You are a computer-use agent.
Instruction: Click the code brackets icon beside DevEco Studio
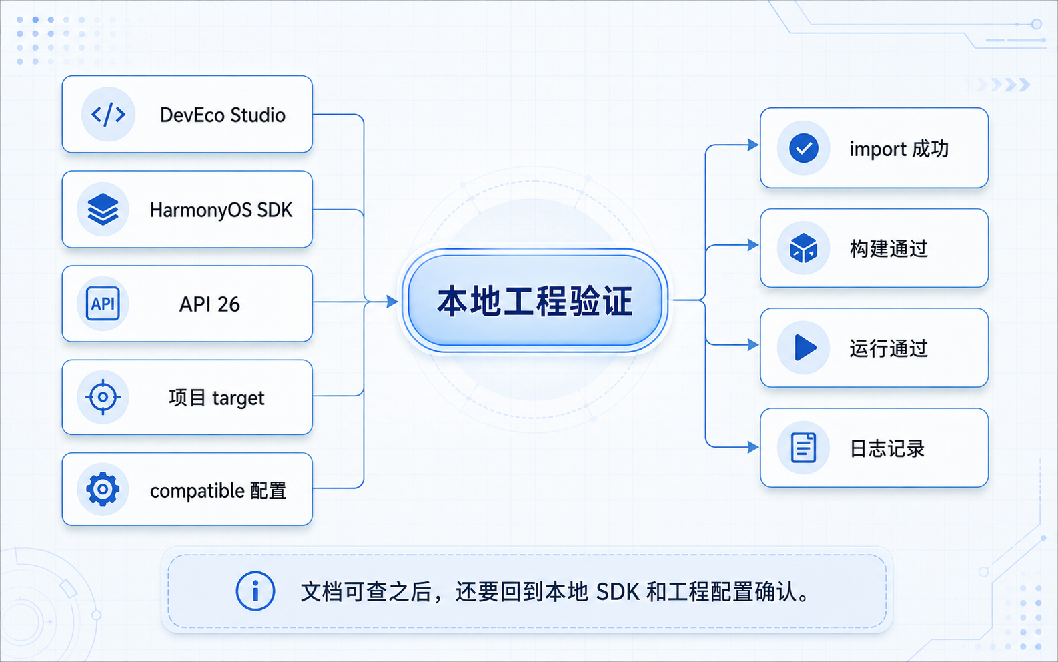pos(108,115)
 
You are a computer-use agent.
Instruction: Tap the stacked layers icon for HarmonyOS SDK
pos(103,210)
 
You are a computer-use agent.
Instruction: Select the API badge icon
pos(103,304)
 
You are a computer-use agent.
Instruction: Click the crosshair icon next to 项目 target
pos(103,397)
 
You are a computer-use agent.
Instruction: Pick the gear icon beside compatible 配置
pos(103,490)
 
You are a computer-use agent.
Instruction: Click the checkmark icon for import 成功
pos(803,148)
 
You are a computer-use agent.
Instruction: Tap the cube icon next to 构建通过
pos(803,248)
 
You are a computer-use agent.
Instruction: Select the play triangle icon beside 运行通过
pos(805,348)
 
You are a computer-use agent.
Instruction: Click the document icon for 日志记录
pos(803,448)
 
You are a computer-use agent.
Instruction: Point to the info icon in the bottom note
pos(255,591)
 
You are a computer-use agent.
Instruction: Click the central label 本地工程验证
pos(534,301)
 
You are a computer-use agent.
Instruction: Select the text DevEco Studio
pos(222,115)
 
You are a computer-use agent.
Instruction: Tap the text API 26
pos(209,304)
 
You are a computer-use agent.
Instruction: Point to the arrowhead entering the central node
pos(392,302)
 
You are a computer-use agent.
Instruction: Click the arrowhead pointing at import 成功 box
pos(753,145)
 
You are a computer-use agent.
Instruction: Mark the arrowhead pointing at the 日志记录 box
pos(753,447)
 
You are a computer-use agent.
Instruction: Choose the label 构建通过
pos(889,248)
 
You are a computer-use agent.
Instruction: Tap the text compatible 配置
pos(218,491)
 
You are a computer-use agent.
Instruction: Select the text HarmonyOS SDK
pos(221,210)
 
